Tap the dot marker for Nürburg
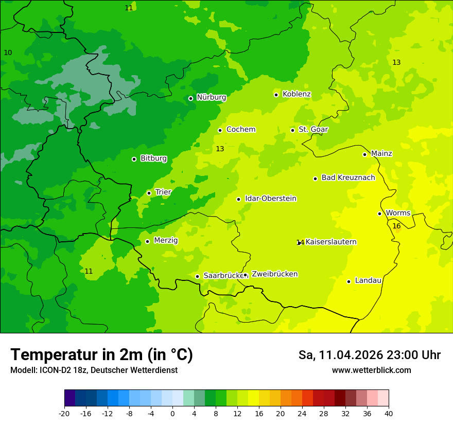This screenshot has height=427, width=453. click(x=190, y=98)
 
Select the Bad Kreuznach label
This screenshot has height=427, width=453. click(x=348, y=177)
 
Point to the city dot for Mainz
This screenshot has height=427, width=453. click(x=364, y=154)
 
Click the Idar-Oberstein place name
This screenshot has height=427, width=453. click(x=270, y=199)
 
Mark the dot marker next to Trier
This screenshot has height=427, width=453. click(x=149, y=193)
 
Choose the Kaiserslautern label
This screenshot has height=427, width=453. click(x=331, y=242)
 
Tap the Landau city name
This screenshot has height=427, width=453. click(x=368, y=280)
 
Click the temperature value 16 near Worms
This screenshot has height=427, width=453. click(x=396, y=226)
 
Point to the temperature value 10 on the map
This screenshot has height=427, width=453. click(x=8, y=52)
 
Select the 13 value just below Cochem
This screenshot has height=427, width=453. click(x=220, y=149)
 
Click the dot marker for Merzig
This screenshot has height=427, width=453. click(x=147, y=241)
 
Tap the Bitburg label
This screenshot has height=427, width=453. click(x=153, y=158)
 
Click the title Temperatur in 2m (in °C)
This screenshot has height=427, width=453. click(x=101, y=354)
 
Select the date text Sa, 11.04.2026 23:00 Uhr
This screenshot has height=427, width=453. click(x=370, y=355)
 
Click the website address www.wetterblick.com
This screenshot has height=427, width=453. click(x=371, y=370)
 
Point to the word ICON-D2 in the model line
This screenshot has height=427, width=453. click(x=52, y=370)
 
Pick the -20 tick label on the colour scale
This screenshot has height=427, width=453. click(x=64, y=413)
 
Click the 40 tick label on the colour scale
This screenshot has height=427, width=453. click(x=389, y=413)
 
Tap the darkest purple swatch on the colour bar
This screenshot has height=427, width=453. click(x=70, y=398)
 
